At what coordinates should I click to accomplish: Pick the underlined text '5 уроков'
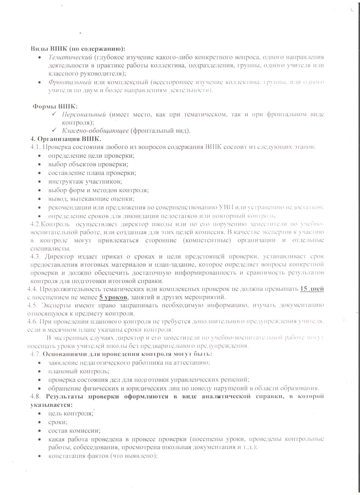[113, 297]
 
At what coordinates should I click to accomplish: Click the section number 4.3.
[35, 256]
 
